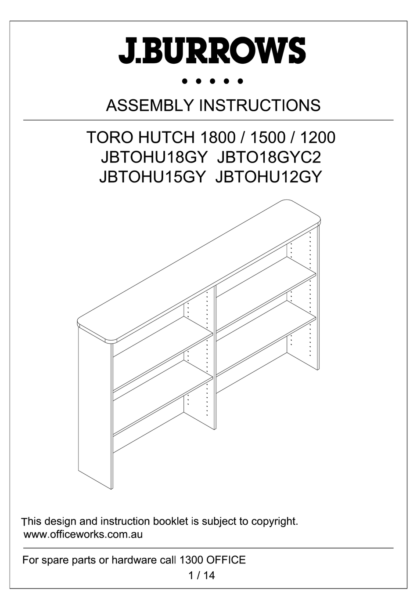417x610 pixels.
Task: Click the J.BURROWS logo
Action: pos(212,51)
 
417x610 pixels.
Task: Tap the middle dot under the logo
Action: pos(212,81)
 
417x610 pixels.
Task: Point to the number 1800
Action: pos(217,138)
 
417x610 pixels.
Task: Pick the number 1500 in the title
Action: pos(267,138)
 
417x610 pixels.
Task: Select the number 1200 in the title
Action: pos(317,138)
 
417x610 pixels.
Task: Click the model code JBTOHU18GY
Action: pos(153,157)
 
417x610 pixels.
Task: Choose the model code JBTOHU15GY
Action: pos(152,177)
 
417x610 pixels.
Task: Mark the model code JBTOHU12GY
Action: pos(269,177)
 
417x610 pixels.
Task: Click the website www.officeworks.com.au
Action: pos(83,535)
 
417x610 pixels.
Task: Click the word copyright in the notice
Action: pos(274,522)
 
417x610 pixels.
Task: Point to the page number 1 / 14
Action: pos(201,575)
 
